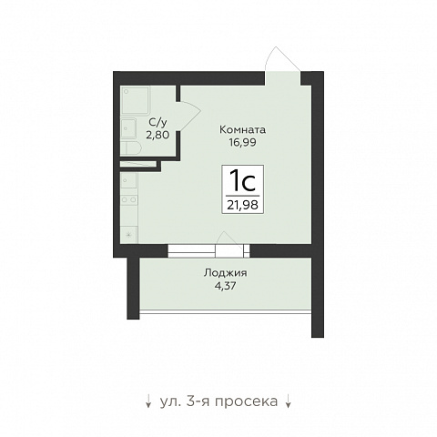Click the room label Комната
[242, 130]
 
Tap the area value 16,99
[242, 142]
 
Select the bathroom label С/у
[158, 122]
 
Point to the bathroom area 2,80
[158, 135]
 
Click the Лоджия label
[225, 273]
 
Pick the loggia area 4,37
[225, 286]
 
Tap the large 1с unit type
[242, 180]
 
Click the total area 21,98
[242, 205]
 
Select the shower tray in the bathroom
[135, 101]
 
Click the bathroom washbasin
[128, 128]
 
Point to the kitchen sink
[128, 181]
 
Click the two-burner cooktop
[128, 199]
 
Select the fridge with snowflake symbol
[128, 234]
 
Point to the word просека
[246, 401]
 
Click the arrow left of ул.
[148, 401]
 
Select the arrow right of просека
[288, 401]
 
